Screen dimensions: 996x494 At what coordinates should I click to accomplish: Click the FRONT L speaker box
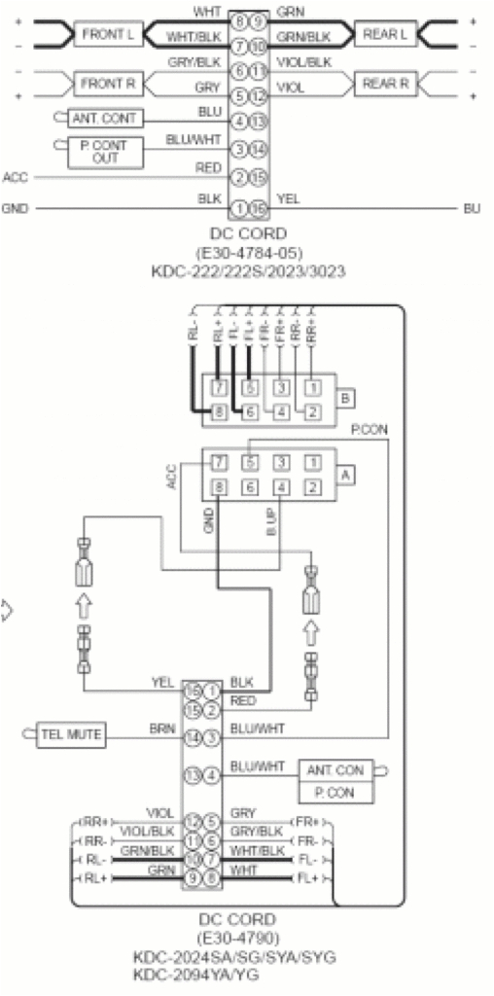[x=107, y=35]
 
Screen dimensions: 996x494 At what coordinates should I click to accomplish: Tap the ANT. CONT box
[x=105, y=119]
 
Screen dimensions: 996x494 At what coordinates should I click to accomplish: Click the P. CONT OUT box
[x=105, y=151]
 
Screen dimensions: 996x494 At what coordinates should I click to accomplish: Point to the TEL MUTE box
[x=70, y=733]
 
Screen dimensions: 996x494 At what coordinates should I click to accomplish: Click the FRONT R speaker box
[x=107, y=85]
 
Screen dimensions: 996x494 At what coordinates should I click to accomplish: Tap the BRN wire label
[x=160, y=727]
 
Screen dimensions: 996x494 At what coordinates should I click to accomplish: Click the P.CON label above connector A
[x=367, y=429]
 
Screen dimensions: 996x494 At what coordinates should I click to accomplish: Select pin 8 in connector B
[x=221, y=411]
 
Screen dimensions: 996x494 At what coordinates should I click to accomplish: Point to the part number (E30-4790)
[x=236, y=939]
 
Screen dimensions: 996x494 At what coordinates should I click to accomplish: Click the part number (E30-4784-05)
[x=248, y=252]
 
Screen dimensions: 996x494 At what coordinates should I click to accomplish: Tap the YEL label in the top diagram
[x=288, y=198]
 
